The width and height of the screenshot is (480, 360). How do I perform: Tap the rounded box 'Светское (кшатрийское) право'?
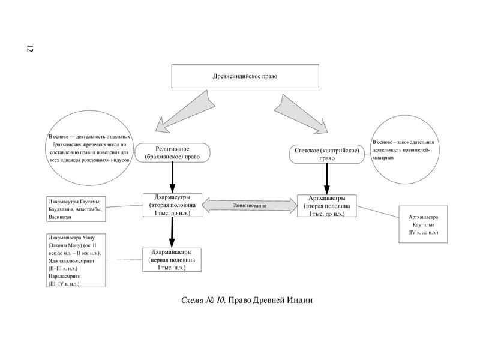coord(327,154)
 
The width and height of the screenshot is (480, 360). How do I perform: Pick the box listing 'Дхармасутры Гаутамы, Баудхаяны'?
coord(77,209)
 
